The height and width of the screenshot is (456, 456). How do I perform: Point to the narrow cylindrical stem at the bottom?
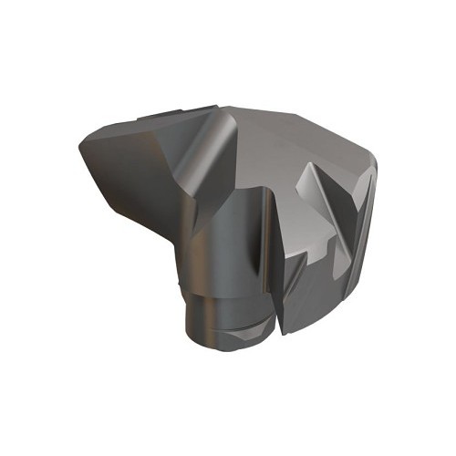click(x=219, y=310)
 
